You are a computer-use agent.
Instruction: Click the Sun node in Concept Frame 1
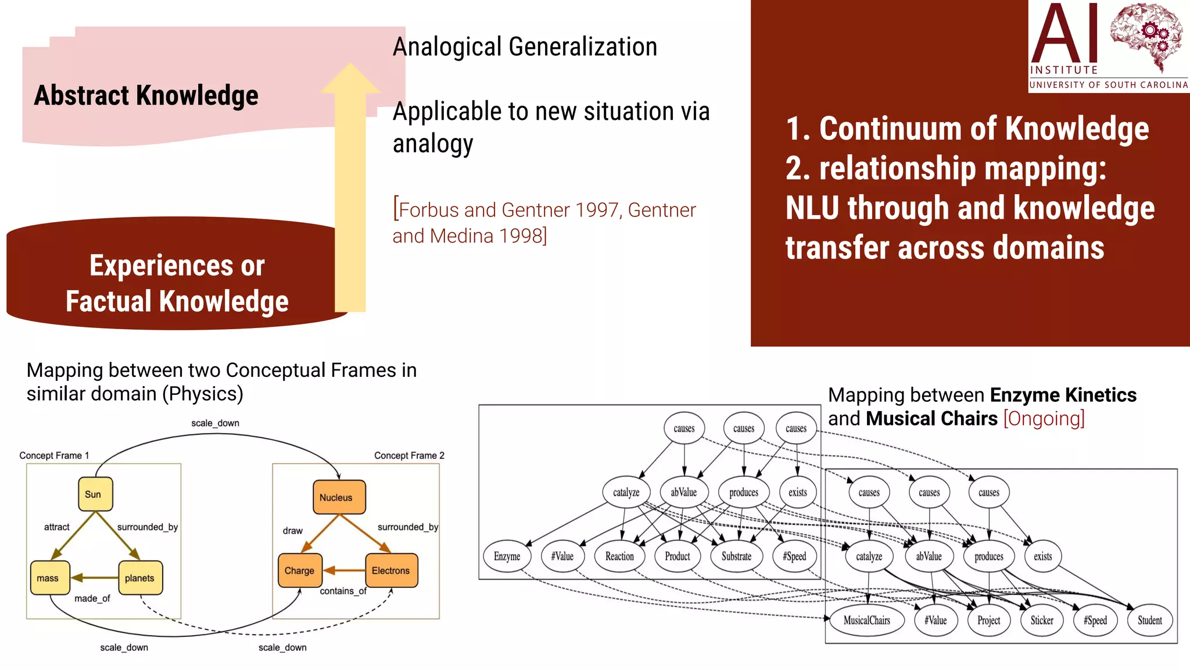95,494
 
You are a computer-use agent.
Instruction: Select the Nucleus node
338,497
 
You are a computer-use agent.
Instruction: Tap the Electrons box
391,571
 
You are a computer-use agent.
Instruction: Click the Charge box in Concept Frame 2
299,571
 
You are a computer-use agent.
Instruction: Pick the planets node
140,578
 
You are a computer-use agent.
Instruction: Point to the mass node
49,578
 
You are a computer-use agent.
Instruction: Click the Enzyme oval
507,556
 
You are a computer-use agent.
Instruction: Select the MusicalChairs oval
866,620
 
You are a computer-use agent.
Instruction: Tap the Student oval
1149,620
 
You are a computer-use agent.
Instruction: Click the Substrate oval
736,556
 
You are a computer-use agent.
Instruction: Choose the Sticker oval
1042,620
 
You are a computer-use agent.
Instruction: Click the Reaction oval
619,556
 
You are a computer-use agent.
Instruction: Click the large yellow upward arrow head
350,79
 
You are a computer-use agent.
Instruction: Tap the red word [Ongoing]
1044,418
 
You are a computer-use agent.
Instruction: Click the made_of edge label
92,598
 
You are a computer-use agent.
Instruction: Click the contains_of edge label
343,591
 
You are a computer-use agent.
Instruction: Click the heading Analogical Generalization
525,47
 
